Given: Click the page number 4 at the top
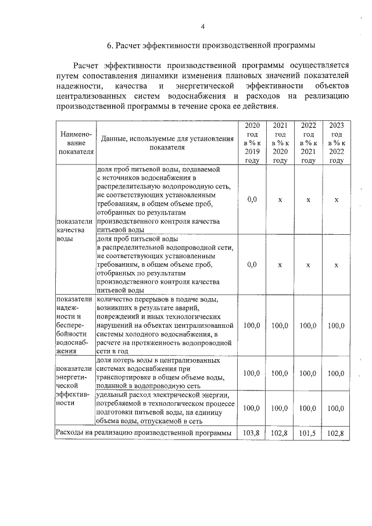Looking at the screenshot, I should coord(203,26).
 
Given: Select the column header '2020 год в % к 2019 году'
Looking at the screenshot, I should coord(252,143).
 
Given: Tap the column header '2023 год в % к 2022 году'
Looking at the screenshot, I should coord(337,143).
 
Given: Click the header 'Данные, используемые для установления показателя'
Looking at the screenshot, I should coord(166,143).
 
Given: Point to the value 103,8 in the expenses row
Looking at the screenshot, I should coord(252,433).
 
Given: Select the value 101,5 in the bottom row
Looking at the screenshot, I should coord(308,433).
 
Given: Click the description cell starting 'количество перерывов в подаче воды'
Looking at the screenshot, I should coord(166,325).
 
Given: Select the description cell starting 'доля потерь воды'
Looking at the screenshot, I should coord(166,373).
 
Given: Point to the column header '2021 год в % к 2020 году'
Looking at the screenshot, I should coord(280,143).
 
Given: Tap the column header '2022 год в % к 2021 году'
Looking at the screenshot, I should coord(308,143).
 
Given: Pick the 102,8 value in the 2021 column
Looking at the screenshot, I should coord(280,433).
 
